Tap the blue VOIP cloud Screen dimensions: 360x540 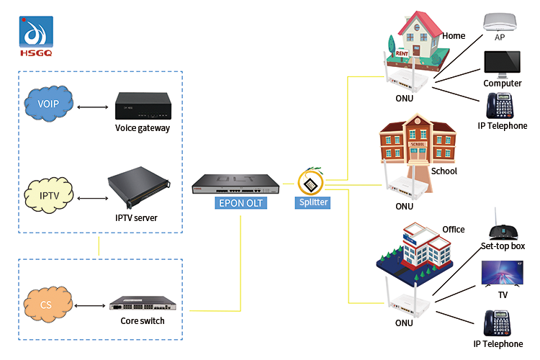coord(46,104)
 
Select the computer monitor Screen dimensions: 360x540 coord(502,63)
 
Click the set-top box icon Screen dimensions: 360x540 coord(503,229)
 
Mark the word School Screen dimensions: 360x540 coord(444,171)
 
